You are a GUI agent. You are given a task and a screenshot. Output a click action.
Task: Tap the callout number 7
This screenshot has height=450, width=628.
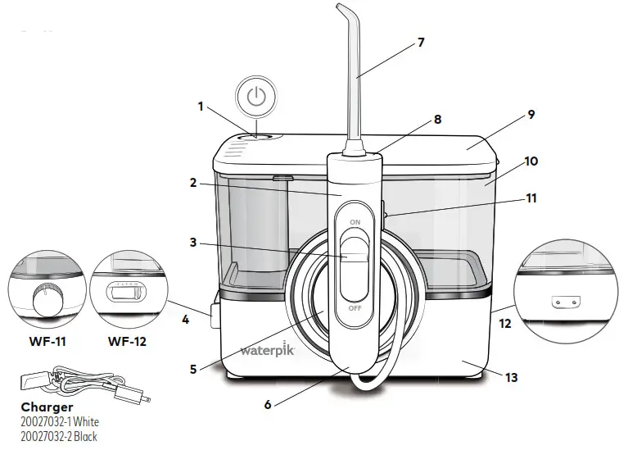point(421,43)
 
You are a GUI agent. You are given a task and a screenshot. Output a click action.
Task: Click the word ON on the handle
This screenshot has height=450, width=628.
point(355,221)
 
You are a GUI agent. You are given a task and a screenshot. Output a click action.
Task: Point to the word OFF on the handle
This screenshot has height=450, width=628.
point(355,309)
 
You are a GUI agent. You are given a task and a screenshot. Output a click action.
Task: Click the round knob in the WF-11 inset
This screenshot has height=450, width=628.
point(43,302)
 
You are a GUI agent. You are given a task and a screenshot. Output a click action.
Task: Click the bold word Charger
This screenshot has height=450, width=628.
point(47,407)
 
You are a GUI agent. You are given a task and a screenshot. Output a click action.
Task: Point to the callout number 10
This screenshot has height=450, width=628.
point(531,161)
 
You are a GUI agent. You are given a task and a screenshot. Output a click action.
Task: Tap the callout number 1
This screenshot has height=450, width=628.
point(201,106)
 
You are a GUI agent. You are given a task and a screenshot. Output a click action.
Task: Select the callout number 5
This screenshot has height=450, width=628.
point(193,369)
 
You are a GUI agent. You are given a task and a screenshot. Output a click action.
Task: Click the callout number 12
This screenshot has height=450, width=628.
point(505,324)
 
